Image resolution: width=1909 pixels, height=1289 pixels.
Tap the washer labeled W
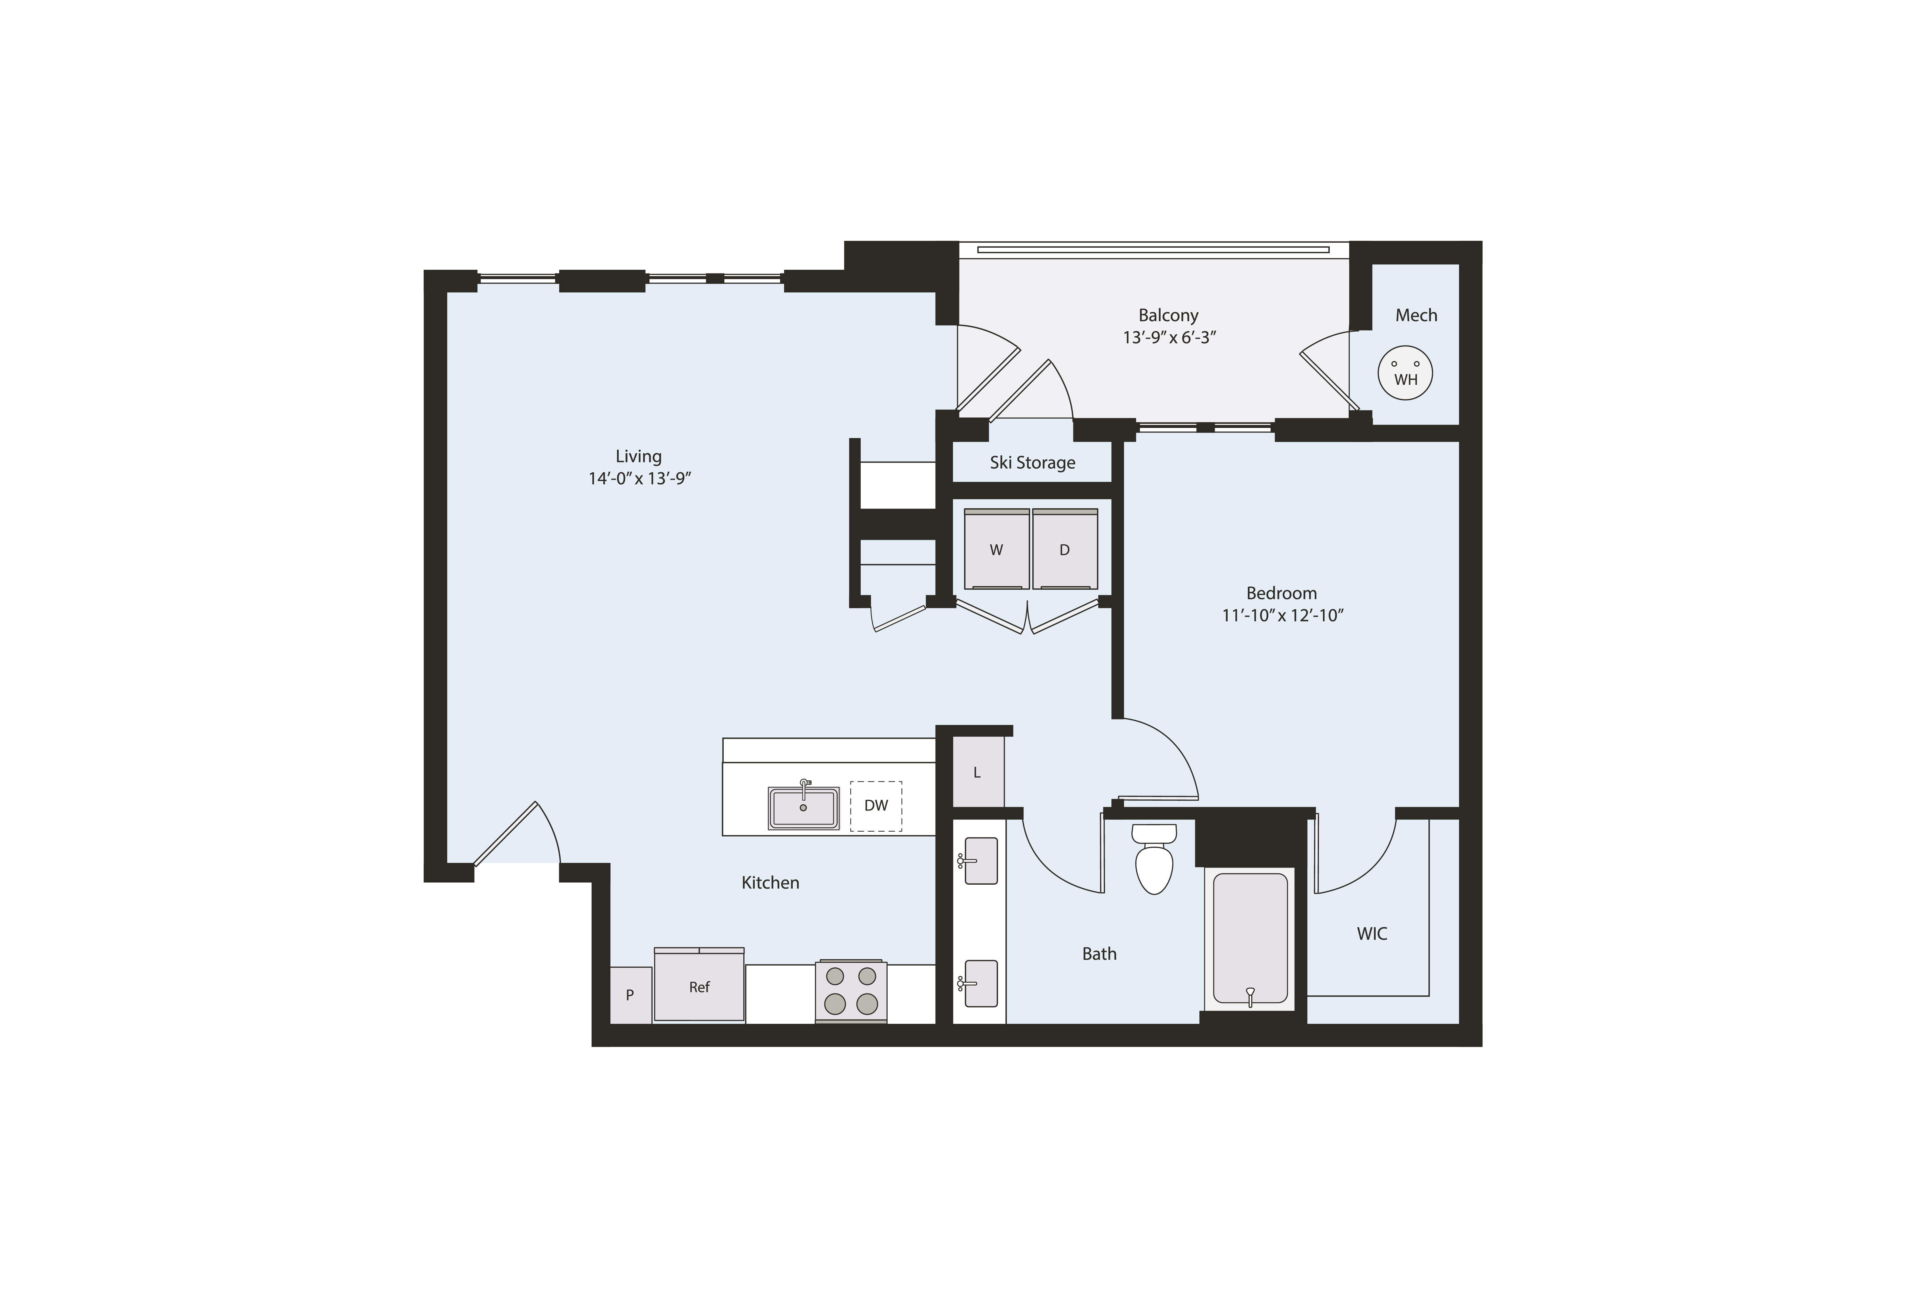coord(996,549)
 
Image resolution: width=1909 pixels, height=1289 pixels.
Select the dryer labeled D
coord(1065,549)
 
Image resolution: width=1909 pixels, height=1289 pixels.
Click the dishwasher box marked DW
coord(876,806)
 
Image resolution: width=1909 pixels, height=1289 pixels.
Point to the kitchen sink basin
coord(803,807)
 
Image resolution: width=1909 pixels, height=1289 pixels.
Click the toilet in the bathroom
coord(1154,859)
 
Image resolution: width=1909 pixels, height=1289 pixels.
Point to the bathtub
coord(1249,938)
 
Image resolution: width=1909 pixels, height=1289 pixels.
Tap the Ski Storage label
coord(1033,463)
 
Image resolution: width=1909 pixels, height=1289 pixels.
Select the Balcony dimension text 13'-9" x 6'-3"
coord(1169,337)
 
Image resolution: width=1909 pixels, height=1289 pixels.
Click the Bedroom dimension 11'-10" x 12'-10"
coord(1282,615)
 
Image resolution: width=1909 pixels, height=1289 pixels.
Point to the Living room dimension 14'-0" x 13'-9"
coord(640,478)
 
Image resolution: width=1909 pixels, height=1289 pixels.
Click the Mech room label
coord(1416,315)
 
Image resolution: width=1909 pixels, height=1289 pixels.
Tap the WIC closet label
coord(1372,933)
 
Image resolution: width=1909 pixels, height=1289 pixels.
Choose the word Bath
coord(1099,953)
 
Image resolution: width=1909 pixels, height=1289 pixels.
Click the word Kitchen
coord(771,882)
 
